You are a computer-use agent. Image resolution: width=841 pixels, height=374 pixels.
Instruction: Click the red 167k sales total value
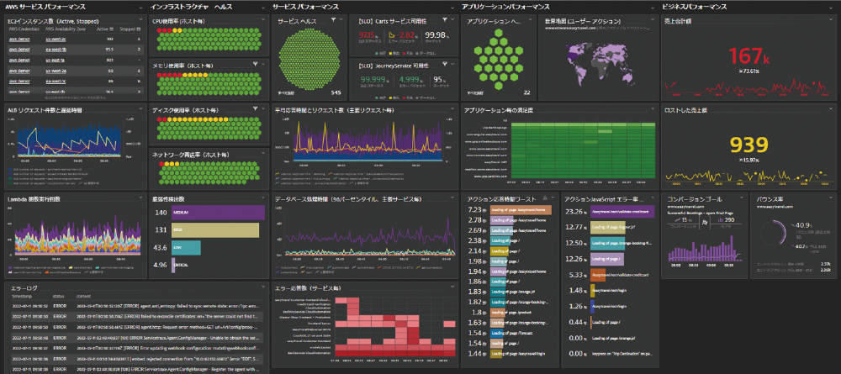748,57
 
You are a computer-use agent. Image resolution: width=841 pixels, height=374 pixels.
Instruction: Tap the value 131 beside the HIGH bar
160,230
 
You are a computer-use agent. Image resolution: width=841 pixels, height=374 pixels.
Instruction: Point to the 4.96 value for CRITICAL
160,265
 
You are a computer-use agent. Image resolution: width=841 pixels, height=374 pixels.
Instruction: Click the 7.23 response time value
475,209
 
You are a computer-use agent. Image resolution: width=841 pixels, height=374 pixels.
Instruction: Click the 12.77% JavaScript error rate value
575,227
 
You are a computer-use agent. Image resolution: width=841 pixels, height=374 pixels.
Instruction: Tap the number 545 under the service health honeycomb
336,92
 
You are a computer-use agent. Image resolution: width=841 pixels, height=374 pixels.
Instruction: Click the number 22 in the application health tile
526,92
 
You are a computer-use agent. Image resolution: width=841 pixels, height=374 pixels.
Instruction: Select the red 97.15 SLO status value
368,35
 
